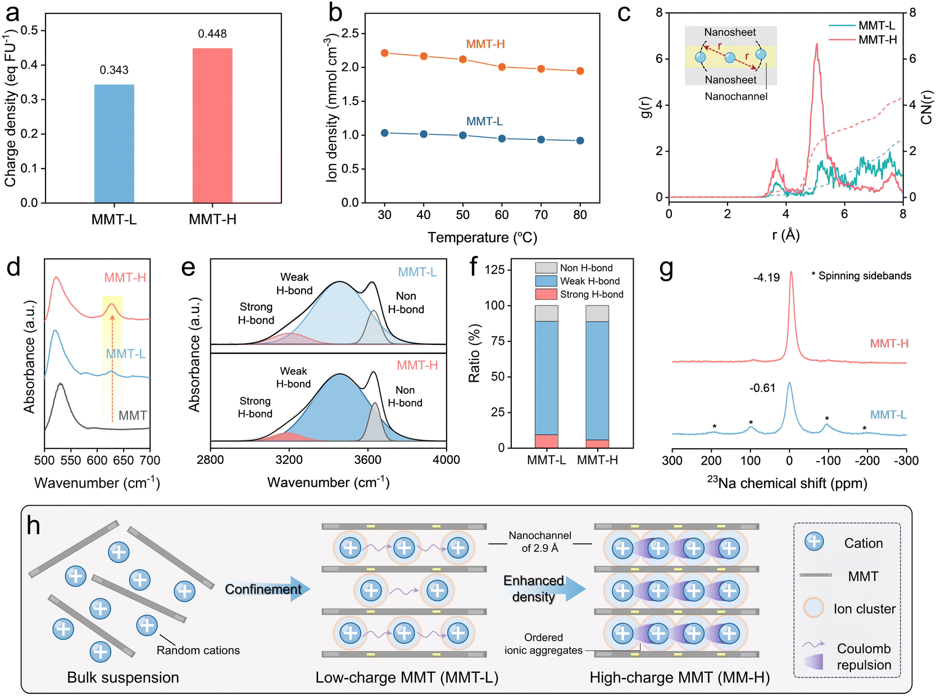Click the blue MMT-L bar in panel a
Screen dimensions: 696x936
[x=114, y=143]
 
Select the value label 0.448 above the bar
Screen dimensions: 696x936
[x=212, y=34]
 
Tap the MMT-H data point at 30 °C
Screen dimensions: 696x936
[x=385, y=53]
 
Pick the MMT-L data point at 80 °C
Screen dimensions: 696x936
[x=580, y=140]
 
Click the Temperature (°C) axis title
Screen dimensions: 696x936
[x=482, y=238]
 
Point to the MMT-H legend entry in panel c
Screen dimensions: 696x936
[x=877, y=40]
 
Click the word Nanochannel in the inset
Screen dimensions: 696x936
[x=736, y=97]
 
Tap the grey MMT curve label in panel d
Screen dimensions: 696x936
[x=133, y=416]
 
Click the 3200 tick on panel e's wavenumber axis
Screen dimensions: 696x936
[x=289, y=460]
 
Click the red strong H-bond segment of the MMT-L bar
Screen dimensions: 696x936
[x=547, y=441]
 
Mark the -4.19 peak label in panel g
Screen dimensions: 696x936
[x=766, y=278]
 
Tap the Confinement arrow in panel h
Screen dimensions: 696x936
[x=267, y=589]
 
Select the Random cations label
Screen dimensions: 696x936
[x=198, y=650]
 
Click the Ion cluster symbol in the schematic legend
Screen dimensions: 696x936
[x=814, y=608]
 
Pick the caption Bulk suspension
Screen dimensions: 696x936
[x=123, y=677]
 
